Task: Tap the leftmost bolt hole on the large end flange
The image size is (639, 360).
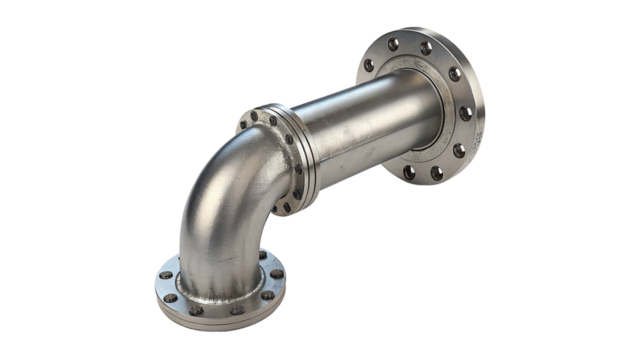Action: click(x=366, y=66)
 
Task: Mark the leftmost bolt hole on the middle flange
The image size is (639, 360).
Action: click(x=243, y=124)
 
